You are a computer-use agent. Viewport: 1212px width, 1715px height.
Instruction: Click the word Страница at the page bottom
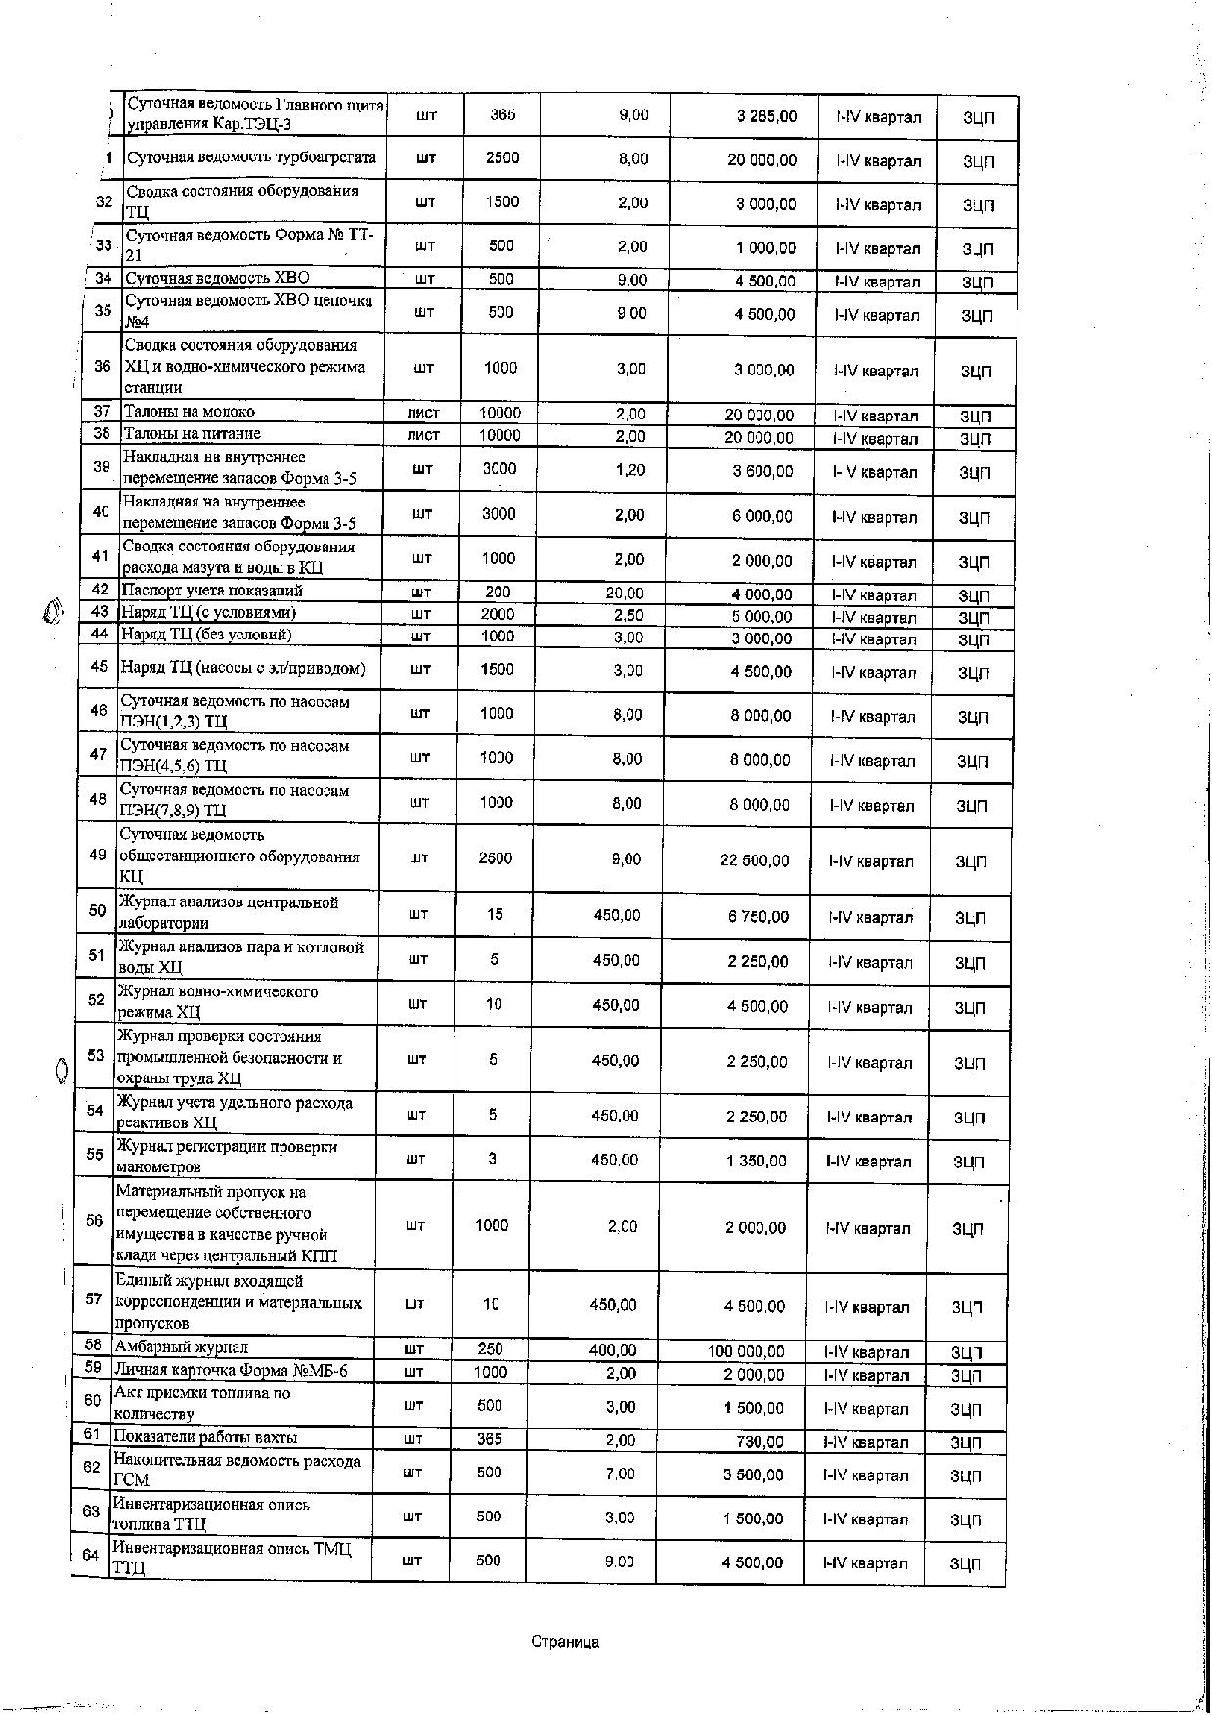565,1642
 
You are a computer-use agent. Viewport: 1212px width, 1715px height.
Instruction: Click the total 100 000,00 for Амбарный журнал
746,1351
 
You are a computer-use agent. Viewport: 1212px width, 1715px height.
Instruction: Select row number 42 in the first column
100,590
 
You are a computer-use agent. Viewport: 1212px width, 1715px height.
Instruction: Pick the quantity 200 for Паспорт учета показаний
498,592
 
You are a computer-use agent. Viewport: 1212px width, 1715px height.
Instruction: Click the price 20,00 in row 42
625,593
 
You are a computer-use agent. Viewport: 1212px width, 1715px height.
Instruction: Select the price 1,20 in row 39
630,470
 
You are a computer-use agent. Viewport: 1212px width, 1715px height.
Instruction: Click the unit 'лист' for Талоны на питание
423,435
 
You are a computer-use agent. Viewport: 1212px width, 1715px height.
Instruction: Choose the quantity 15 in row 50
495,914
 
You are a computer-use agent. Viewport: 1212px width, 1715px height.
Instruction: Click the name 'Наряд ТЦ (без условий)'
206,635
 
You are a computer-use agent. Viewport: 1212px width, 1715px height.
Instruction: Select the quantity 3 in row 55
493,1159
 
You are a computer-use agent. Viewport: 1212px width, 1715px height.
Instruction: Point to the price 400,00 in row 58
613,1350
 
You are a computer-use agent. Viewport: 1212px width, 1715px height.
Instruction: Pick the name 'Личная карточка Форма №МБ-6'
231,1370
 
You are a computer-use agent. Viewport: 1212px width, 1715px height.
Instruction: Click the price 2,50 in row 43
628,615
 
